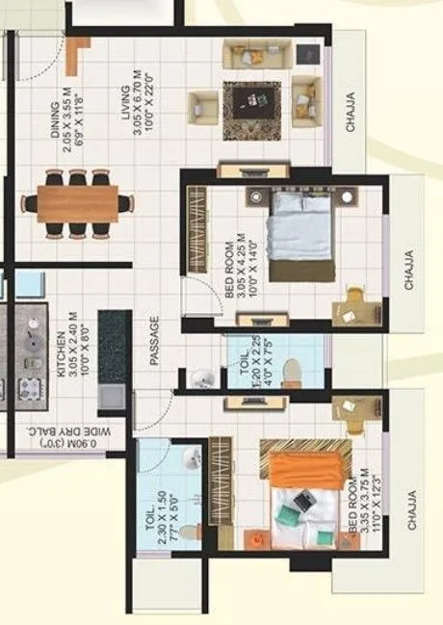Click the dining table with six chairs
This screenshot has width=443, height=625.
(x=77, y=203)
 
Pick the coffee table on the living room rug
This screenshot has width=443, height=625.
(x=251, y=98)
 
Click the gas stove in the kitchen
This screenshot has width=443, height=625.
(x=26, y=388)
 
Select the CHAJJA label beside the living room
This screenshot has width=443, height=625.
(x=350, y=114)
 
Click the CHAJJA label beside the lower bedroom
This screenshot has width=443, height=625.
(x=411, y=510)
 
